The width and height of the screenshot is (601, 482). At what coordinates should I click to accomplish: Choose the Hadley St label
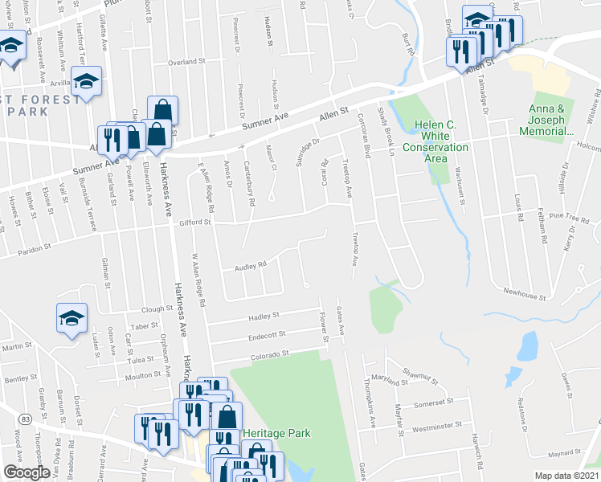(264, 316)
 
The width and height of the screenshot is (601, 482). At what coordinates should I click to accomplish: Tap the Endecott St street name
(268, 334)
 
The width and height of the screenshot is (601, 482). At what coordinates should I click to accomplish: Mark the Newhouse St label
(525, 296)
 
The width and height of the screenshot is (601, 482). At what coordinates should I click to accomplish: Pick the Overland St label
(187, 61)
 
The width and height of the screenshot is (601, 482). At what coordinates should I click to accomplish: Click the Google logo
(27, 472)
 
